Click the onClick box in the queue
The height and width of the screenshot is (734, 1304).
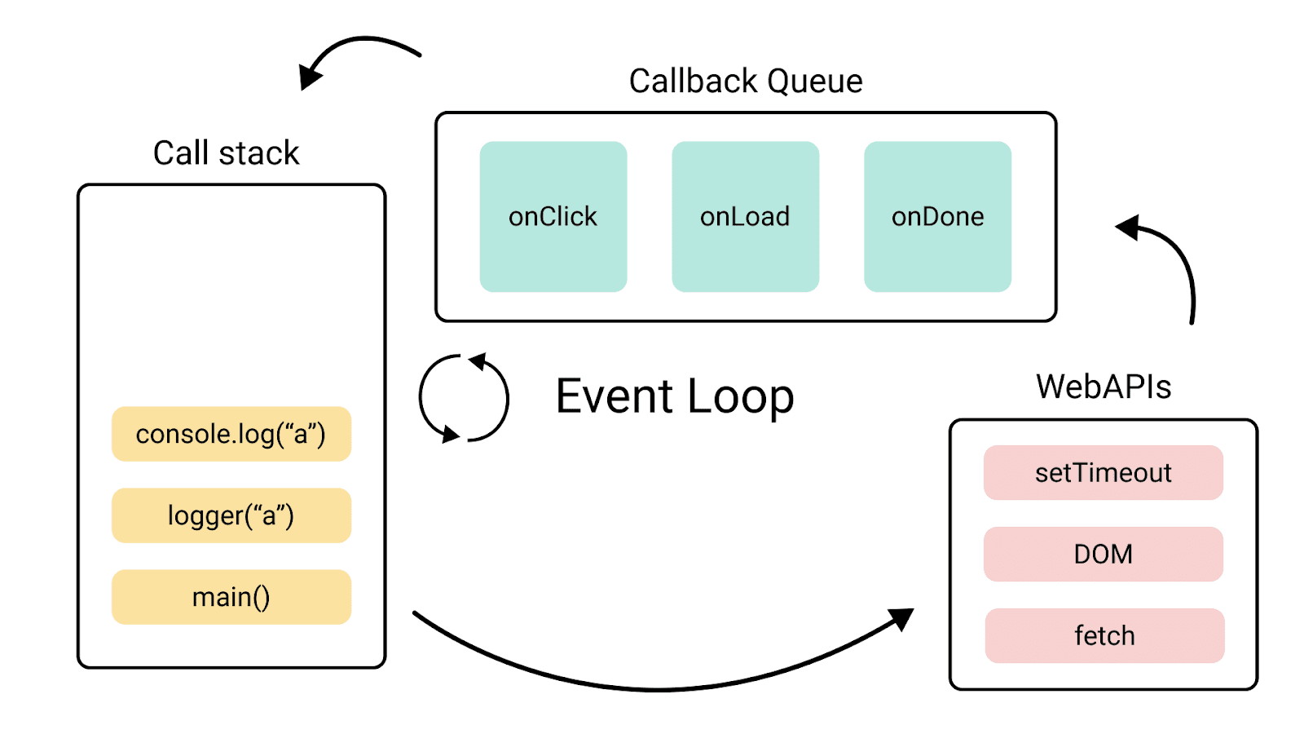[x=553, y=216]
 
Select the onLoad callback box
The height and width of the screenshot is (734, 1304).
[x=745, y=216]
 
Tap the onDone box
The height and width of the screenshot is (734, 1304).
[x=937, y=216]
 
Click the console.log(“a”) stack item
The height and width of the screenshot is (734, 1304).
[x=231, y=434]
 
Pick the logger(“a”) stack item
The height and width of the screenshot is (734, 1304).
[x=231, y=515]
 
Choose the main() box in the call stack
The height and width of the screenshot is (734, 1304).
[x=231, y=597]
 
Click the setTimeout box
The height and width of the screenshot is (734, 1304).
[x=1103, y=472]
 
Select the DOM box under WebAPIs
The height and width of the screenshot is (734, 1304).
[x=1103, y=554]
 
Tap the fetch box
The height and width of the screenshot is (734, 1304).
[x=1104, y=635]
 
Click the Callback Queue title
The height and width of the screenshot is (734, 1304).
[x=745, y=82]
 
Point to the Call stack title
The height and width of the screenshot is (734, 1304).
[x=226, y=153]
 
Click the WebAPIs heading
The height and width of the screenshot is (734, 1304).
[x=1103, y=387]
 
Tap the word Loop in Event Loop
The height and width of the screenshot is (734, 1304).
[x=740, y=398]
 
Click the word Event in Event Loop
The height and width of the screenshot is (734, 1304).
[x=614, y=397]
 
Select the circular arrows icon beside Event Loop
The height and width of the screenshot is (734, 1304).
[x=464, y=398]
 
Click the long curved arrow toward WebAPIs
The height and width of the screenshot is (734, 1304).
[x=660, y=689]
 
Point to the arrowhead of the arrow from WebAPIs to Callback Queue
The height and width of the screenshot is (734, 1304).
[x=1128, y=228]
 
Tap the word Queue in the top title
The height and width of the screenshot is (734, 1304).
[x=814, y=82]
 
